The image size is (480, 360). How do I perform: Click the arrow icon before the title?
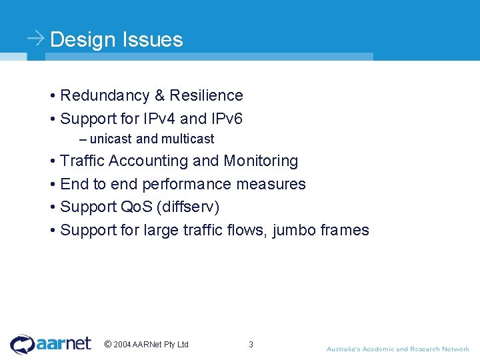(x=36, y=38)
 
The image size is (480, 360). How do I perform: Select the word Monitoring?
(x=261, y=161)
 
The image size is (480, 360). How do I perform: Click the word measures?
(x=275, y=185)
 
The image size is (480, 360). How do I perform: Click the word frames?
(x=344, y=231)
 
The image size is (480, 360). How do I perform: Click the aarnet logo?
(x=51, y=344)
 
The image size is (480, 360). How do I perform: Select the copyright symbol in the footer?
(x=108, y=345)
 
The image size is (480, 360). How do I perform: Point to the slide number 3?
(x=251, y=345)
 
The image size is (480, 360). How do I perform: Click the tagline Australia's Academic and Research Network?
(x=397, y=349)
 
